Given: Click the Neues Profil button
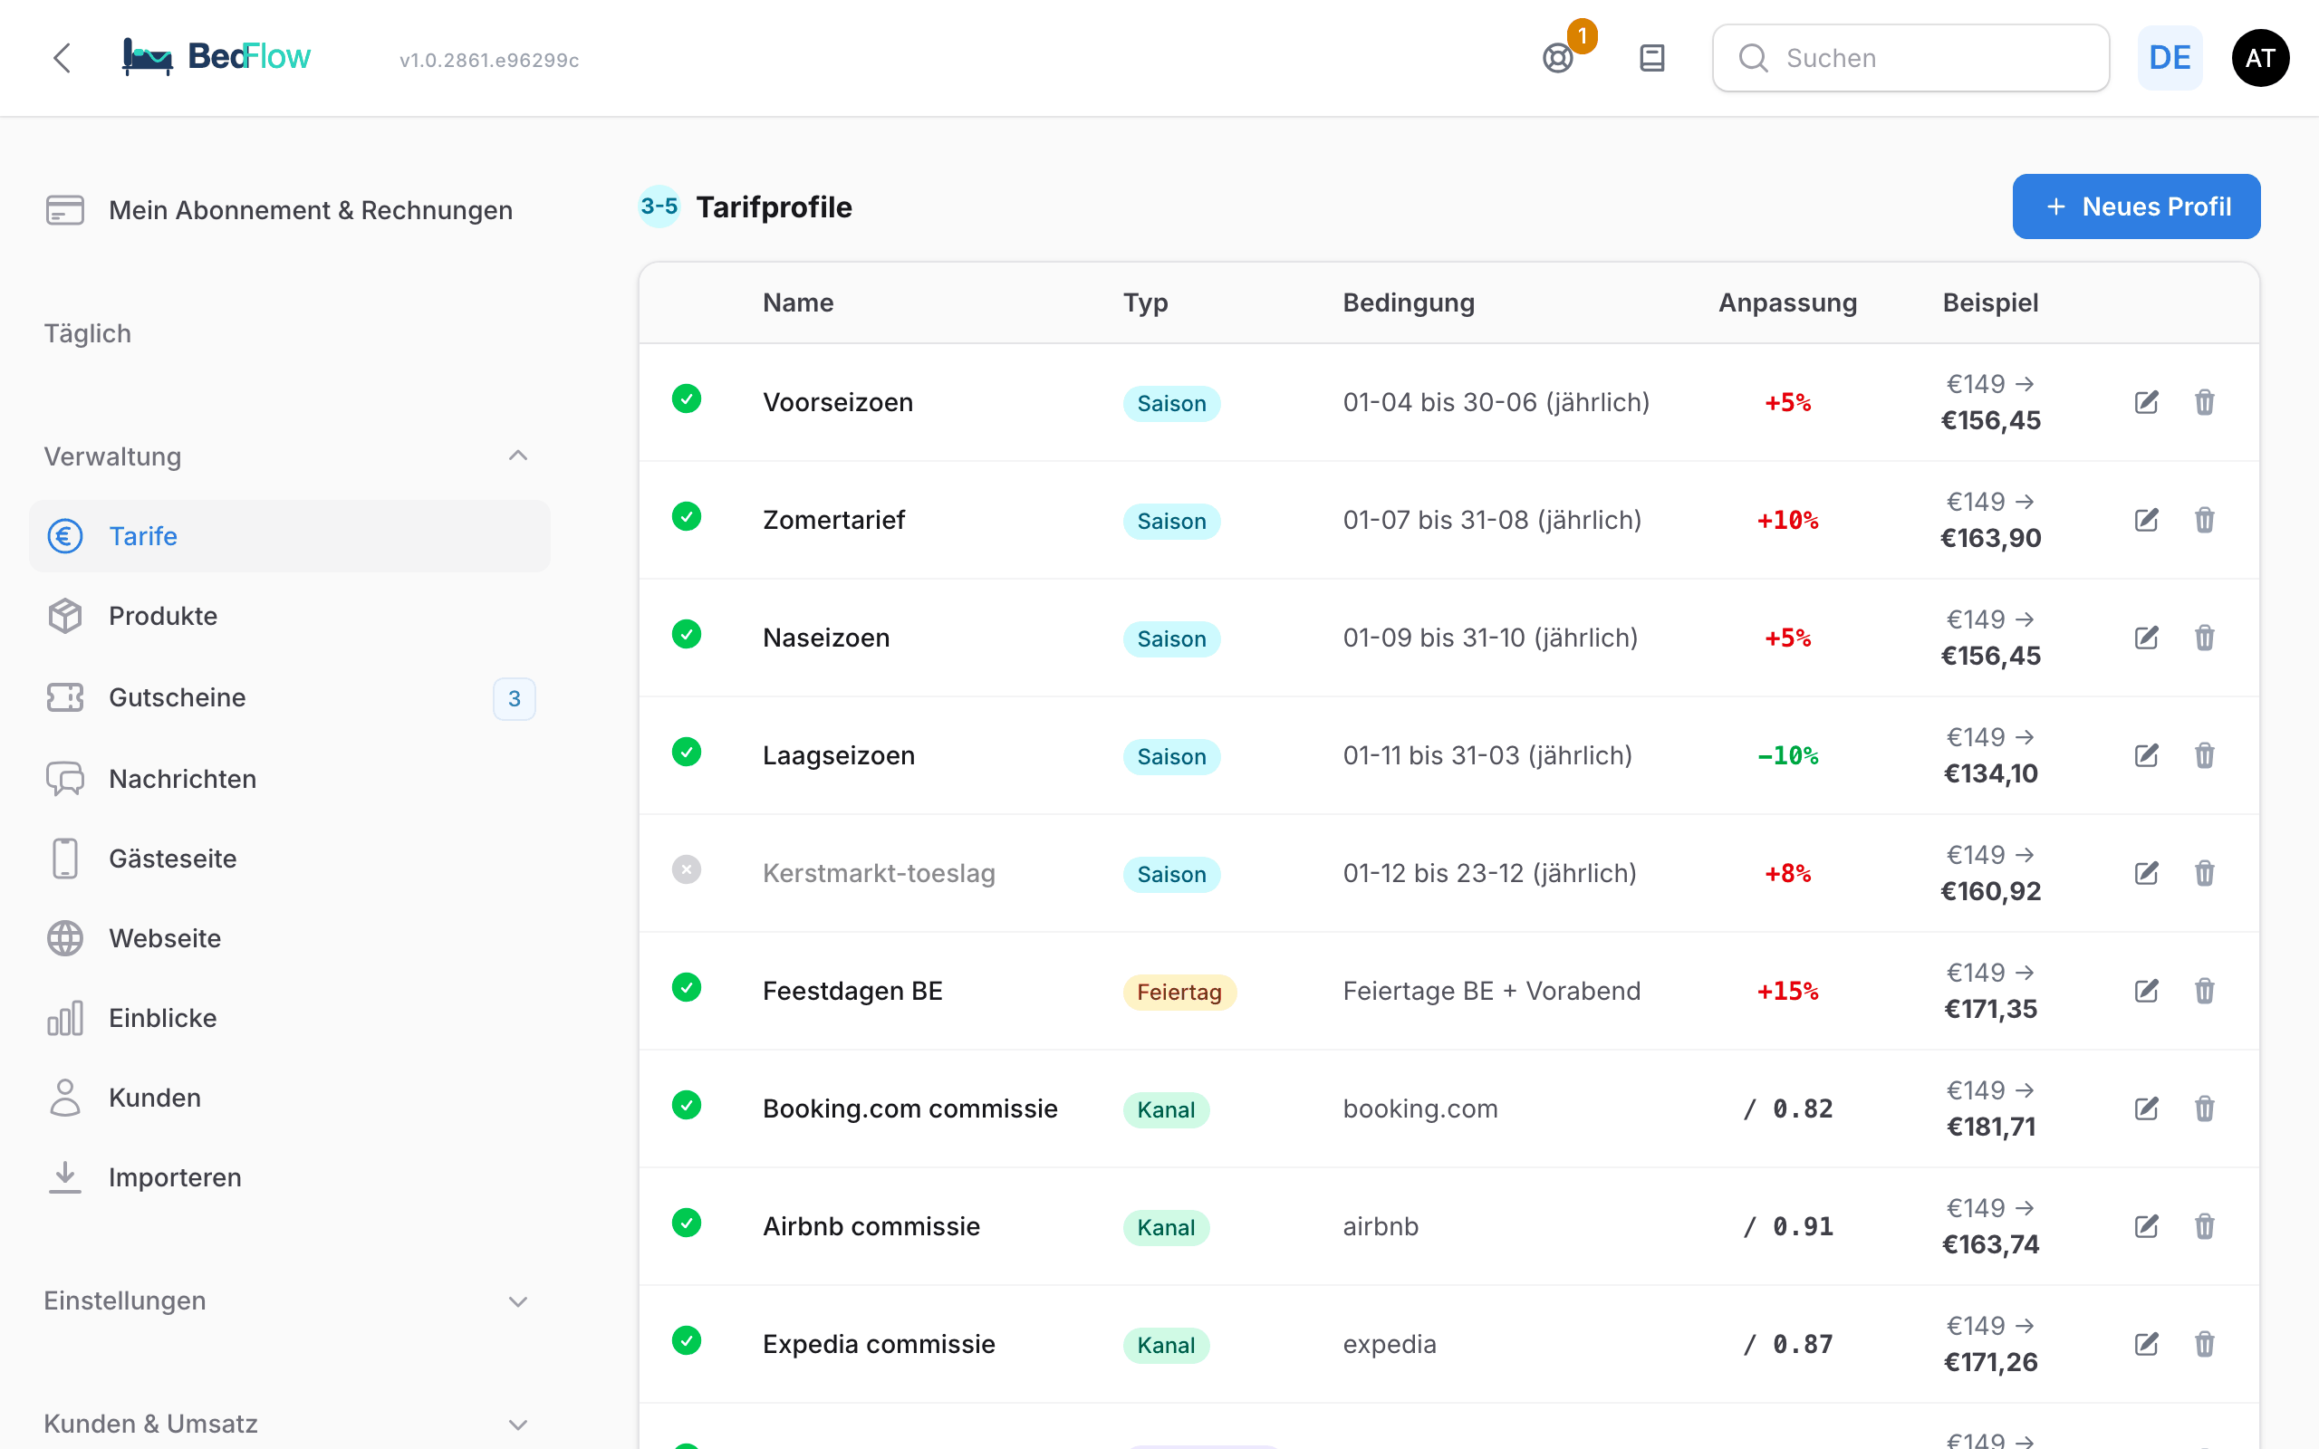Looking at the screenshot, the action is point(2135,206).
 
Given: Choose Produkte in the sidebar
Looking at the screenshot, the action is point(163,615).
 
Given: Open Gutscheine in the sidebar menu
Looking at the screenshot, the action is point(178,696).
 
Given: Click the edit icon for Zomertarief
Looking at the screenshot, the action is point(2147,520).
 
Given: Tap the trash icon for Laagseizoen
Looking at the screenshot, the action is point(2204,755).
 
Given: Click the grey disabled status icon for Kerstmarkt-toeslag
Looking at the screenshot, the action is point(686,869).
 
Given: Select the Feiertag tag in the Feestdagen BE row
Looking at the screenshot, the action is point(1179,992).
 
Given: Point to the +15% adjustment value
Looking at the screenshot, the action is point(1787,991).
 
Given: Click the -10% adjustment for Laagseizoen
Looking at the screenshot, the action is point(1787,755).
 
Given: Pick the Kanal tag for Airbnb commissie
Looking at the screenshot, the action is point(1165,1228).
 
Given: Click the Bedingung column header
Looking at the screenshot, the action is point(1408,302).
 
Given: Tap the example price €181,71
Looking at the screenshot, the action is point(1990,1126).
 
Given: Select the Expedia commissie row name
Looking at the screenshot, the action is point(879,1344).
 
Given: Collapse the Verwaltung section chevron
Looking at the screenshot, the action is point(517,456).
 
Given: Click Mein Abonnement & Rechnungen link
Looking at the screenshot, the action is point(311,210).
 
